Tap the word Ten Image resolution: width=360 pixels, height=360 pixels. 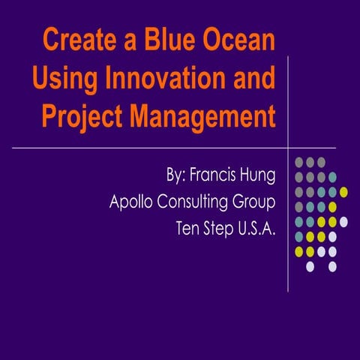(x=184, y=227)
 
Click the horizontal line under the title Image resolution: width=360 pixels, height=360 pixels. (x=150, y=148)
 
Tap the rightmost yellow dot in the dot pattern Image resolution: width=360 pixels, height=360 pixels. (x=344, y=192)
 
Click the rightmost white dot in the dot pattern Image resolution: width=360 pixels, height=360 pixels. (x=344, y=221)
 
